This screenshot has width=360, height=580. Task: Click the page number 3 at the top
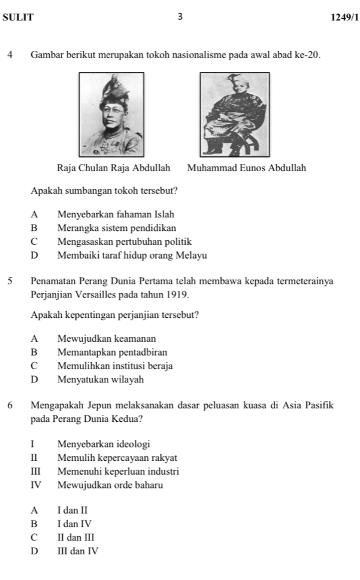click(x=179, y=17)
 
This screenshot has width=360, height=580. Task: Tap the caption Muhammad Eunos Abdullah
click(x=246, y=168)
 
